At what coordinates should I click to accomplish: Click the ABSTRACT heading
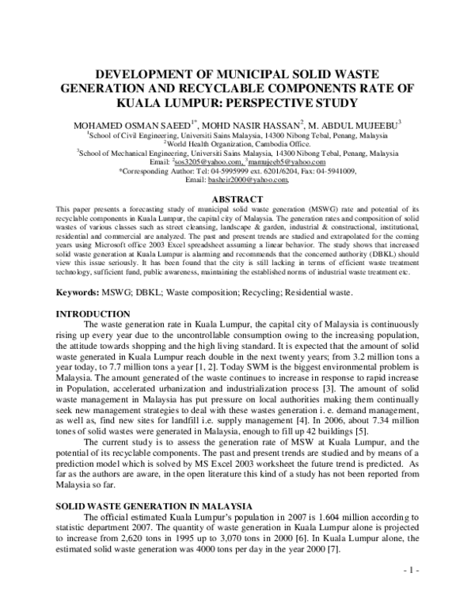pos(237,199)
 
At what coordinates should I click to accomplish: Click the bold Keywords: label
pos(82,293)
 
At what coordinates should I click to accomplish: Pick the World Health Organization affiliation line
pos(237,145)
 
